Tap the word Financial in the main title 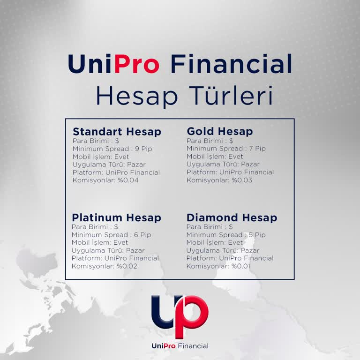click(231, 64)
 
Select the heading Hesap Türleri click(184, 96)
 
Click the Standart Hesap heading click(117, 132)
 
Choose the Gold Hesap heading click(219, 132)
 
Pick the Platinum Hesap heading click(116, 218)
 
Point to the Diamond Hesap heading click(232, 218)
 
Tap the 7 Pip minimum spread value click(255, 149)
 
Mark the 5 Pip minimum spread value click(255, 235)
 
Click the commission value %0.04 click(128, 180)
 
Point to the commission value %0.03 click(242, 180)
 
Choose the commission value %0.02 click(127, 266)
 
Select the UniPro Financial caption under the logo click(180, 346)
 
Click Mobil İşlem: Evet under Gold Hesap click(215, 157)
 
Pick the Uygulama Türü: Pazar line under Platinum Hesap click(108, 250)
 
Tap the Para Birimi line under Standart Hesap click(96, 141)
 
